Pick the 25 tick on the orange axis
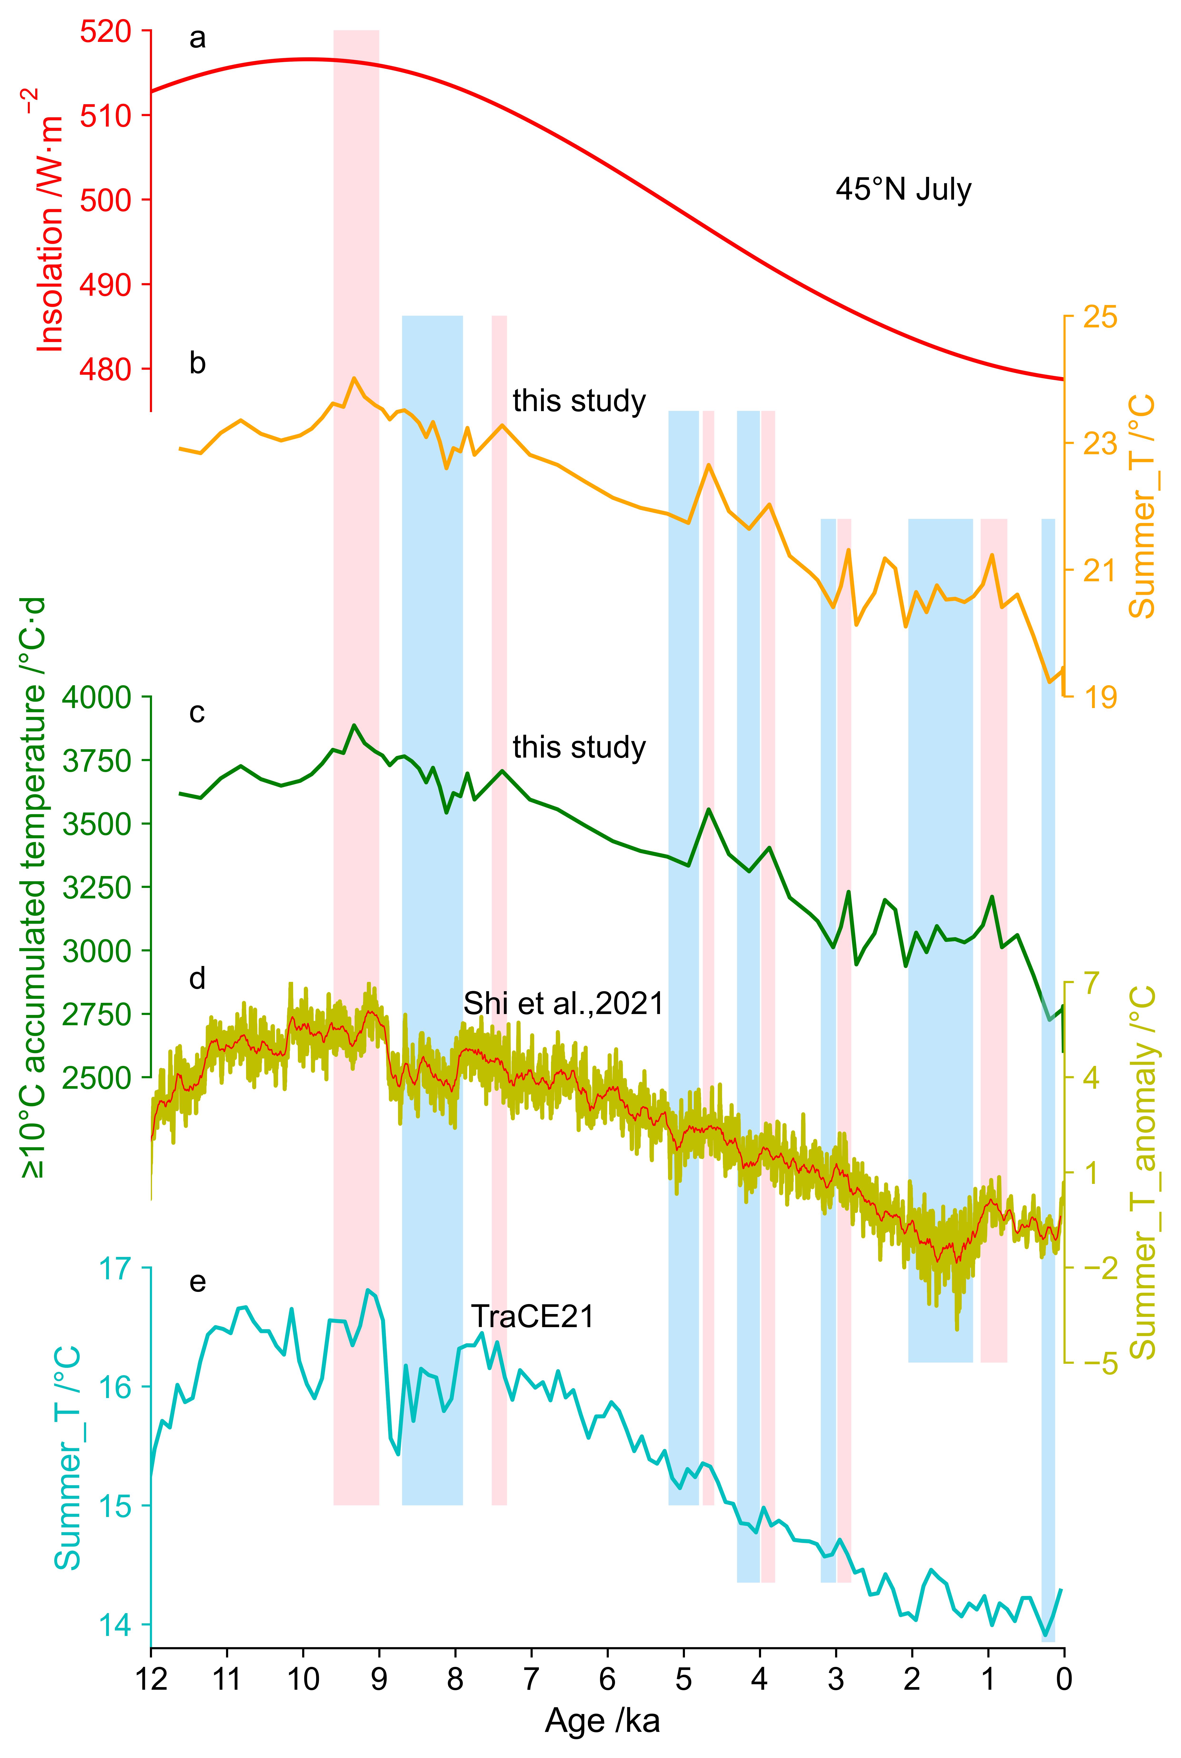1100,317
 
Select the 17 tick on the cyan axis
114,1269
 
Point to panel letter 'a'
197,38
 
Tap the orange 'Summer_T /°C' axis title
1143,506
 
